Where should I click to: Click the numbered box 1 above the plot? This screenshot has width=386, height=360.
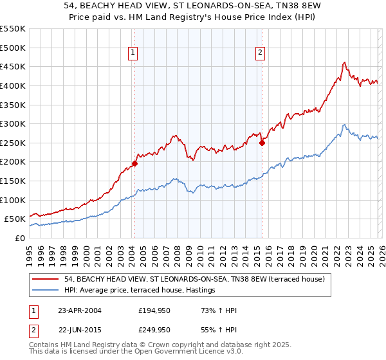[x=133, y=53]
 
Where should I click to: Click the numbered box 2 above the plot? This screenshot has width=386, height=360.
[x=261, y=53]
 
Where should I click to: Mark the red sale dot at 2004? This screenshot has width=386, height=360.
[x=134, y=163]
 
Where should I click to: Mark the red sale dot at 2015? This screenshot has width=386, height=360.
[x=262, y=143]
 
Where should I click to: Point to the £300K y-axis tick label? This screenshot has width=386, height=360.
[x=13, y=123]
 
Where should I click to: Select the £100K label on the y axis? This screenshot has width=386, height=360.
[x=13, y=200]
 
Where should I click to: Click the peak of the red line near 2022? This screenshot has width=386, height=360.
[x=345, y=62]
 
